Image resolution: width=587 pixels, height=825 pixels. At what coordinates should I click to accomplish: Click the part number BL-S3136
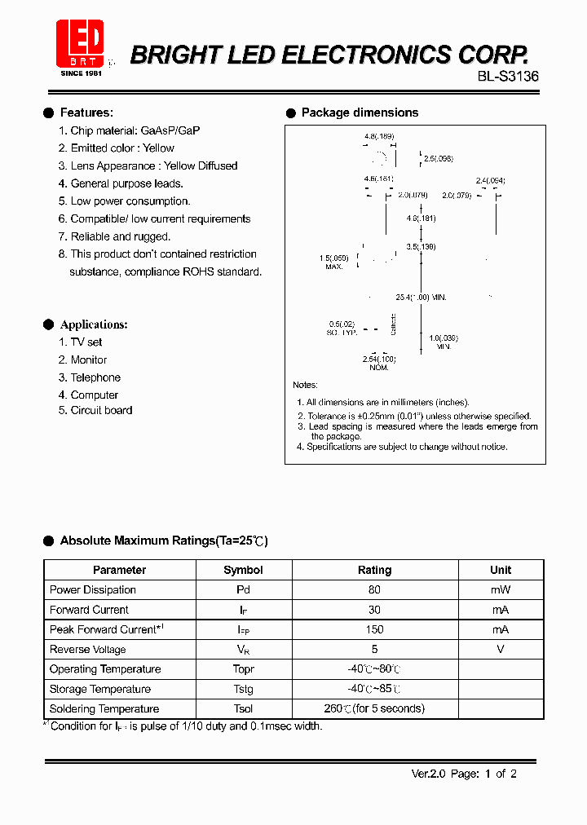(508, 76)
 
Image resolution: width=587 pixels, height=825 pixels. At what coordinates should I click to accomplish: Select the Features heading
(86, 112)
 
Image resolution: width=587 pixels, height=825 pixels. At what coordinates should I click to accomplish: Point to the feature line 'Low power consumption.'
(130, 201)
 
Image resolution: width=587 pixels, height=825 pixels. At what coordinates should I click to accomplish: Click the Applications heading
(94, 324)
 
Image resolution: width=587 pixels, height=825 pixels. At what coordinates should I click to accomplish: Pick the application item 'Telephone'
(95, 377)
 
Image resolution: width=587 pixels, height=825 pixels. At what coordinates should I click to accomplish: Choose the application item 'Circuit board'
(101, 410)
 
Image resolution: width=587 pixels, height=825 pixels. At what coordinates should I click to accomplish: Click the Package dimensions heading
(360, 112)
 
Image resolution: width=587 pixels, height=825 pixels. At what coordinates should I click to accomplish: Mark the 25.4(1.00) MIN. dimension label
(420, 298)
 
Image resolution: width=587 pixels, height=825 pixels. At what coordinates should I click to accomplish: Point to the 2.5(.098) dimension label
(438, 159)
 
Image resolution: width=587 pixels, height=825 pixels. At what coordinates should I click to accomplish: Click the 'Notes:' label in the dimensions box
(305, 385)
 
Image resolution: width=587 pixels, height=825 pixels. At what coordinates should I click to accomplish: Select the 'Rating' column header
(374, 570)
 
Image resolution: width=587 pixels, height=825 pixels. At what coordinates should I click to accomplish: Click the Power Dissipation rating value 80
(374, 589)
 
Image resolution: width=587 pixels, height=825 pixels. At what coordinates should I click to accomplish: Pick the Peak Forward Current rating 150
(374, 629)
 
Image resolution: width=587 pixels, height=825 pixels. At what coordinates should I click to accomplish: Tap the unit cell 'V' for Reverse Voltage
(501, 649)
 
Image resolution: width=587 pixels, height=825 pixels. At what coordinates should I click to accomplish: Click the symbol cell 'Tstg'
(243, 689)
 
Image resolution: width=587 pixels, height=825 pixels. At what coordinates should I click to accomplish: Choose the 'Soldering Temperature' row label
(104, 708)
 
